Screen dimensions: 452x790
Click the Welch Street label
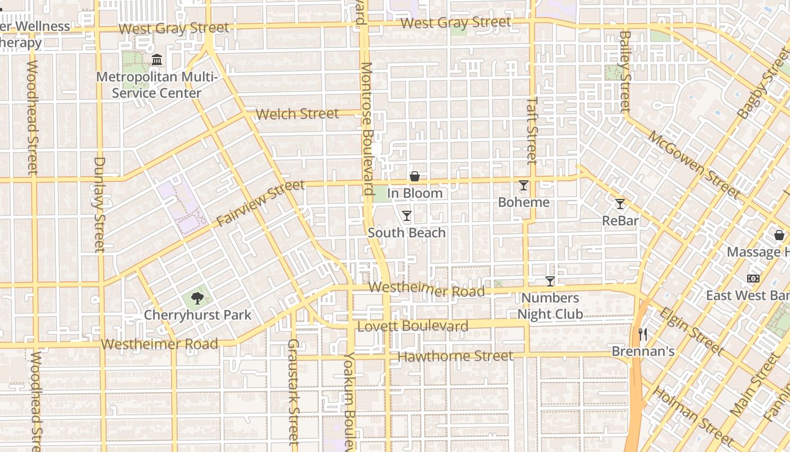[297, 114]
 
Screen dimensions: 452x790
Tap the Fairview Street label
[261, 203]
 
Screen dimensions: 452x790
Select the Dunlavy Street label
[99, 204]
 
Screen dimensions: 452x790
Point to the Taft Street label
[532, 131]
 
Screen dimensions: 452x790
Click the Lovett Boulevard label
[412, 327]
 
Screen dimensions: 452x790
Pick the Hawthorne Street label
[455, 357]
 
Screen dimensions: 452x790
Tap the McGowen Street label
[694, 164]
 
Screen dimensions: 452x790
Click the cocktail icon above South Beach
[406, 216]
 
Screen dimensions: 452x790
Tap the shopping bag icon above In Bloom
[415, 176]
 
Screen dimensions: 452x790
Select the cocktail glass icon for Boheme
[524, 185]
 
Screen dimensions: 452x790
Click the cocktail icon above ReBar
[620, 204]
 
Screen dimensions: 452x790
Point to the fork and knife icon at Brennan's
[643, 334]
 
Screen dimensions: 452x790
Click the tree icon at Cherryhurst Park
[197, 298]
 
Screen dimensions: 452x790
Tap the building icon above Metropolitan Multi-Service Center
[157, 59]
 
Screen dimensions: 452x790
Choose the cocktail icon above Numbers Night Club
[550, 281]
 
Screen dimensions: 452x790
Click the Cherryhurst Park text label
[197, 315]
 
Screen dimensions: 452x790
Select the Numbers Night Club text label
[550, 306]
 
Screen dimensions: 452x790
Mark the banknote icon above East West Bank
[753, 279]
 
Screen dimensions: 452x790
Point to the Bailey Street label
[625, 71]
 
